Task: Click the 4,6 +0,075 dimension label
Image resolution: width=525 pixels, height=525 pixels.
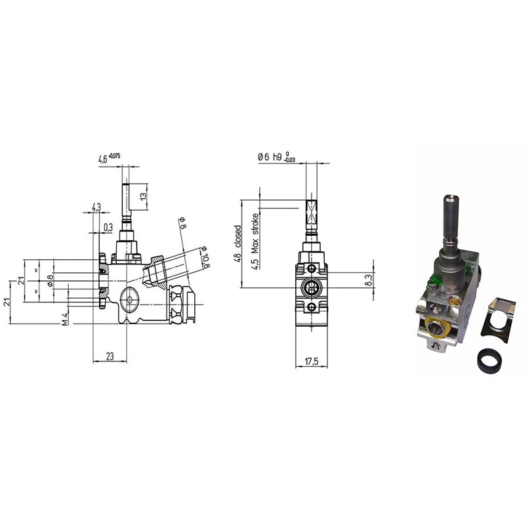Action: (x=109, y=158)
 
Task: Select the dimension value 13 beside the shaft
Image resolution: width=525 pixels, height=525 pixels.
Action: (x=144, y=196)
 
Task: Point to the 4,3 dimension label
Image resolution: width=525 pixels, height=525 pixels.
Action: (x=96, y=207)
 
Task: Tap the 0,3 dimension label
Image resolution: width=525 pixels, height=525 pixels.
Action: (x=108, y=228)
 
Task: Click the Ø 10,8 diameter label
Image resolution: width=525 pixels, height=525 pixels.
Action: (x=205, y=257)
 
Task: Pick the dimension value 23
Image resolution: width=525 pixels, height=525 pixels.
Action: (x=110, y=356)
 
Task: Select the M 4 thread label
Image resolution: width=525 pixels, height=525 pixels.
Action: (x=65, y=318)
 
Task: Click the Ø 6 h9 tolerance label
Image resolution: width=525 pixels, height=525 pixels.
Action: (x=276, y=157)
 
